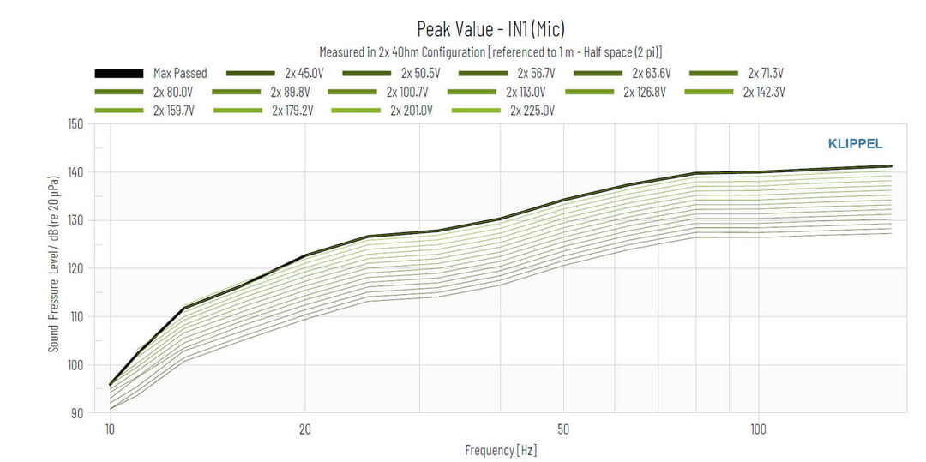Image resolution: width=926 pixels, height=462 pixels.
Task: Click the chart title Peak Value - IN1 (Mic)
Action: click(490, 30)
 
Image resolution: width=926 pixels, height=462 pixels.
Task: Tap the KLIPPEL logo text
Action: click(854, 144)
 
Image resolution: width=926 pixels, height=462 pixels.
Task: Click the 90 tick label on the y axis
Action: click(77, 413)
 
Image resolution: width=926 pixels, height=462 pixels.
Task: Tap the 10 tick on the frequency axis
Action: click(110, 428)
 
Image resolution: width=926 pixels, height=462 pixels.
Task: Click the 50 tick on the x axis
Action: click(563, 428)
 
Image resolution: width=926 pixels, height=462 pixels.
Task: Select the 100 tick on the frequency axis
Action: click(758, 428)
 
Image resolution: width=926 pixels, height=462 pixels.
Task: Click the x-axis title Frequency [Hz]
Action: click(502, 450)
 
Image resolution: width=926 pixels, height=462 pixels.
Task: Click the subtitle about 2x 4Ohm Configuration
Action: click(490, 52)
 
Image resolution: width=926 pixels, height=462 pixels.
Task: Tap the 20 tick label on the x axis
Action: click(304, 428)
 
